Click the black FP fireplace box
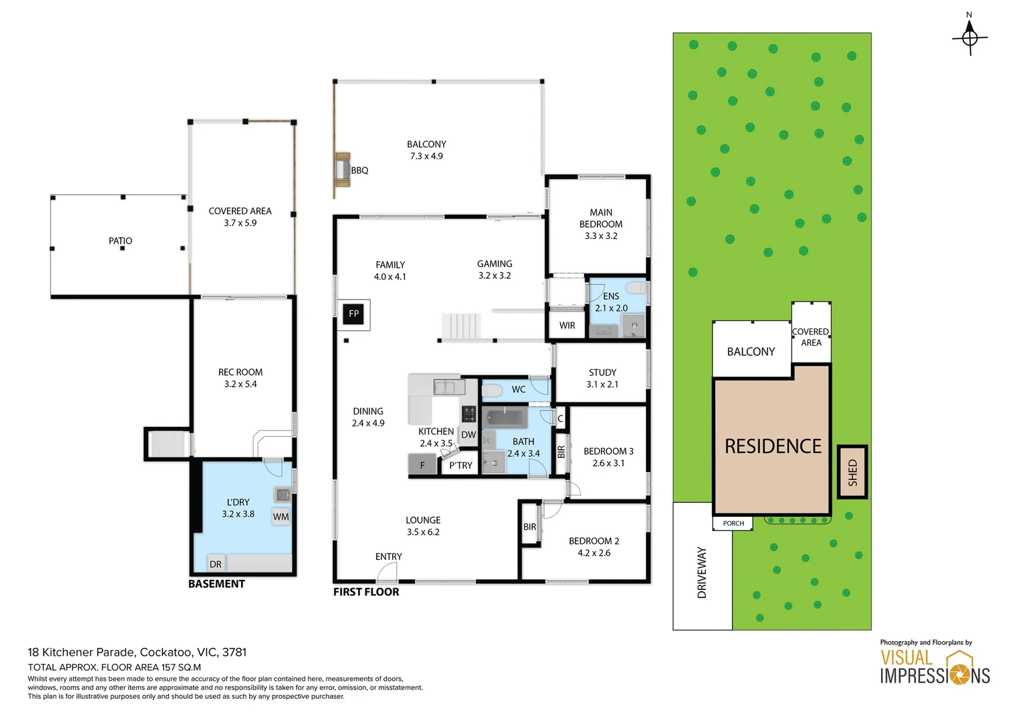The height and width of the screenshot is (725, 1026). pos(353,314)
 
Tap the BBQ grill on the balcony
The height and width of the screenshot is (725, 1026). pos(342,170)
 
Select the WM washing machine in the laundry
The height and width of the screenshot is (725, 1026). pos(281,517)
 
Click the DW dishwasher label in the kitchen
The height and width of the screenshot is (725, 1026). pos(469,434)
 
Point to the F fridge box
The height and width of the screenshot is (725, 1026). pos(422,464)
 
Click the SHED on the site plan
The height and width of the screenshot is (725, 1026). pos(852,472)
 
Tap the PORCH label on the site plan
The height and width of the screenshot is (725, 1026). pos(733,523)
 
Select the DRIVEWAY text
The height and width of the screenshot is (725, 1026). pos(702,573)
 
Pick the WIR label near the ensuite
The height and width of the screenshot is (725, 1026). pos(567,325)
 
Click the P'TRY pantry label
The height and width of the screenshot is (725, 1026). pos(461,465)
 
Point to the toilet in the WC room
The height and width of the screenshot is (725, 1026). pos(492,390)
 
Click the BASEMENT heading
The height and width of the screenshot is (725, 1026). pos(217,583)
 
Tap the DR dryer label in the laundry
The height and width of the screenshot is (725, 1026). pos(216,565)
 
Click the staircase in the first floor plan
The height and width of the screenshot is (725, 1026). pos(461,326)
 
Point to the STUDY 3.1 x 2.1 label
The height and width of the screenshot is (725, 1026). pos(602,379)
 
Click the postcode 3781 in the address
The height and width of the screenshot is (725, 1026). pos(234,652)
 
